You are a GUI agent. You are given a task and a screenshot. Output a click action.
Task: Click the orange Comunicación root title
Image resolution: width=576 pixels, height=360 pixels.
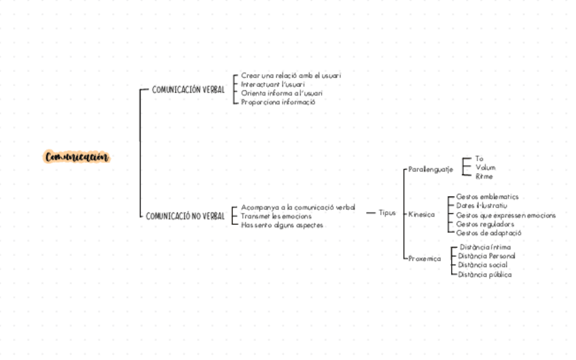[x=77, y=158]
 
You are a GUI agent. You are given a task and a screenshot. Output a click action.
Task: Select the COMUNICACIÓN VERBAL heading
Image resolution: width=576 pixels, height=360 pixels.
[x=188, y=90]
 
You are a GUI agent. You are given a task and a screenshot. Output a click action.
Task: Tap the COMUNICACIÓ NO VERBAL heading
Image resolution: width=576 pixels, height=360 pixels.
[x=185, y=216]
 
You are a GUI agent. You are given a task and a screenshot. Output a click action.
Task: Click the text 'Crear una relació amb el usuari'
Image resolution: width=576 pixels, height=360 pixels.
[x=291, y=75]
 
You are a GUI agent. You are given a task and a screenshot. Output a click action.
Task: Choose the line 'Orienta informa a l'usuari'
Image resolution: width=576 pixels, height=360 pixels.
[x=282, y=93]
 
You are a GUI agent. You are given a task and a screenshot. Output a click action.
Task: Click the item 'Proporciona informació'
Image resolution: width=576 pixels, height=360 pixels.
[x=278, y=102]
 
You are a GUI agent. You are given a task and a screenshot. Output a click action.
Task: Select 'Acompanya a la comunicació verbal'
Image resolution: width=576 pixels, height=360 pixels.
[x=298, y=206]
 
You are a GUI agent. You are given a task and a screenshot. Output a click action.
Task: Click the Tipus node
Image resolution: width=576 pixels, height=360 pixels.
[x=387, y=213]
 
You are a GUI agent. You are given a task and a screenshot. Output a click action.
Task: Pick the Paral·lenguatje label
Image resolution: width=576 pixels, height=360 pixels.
[x=431, y=169]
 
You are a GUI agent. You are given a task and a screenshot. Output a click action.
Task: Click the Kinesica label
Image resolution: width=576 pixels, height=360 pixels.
[x=421, y=215]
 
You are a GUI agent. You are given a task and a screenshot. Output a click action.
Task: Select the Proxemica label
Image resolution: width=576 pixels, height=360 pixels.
[x=425, y=259]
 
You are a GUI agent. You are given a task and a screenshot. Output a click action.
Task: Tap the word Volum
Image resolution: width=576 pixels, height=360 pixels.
[x=486, y=167]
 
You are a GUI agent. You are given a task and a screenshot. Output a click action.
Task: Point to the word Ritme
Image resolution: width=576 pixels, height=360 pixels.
[x=484, y=177]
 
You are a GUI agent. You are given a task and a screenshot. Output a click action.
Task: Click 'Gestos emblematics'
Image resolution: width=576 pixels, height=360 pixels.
[x=487, y=197]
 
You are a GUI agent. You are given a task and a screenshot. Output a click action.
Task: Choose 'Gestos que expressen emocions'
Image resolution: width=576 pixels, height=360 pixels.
[x=505, y=215]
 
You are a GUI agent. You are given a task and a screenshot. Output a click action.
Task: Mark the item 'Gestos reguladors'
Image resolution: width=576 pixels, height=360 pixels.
[x=485, y=224]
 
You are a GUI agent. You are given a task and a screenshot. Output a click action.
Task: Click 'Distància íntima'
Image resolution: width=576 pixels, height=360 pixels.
[x=485, y=247]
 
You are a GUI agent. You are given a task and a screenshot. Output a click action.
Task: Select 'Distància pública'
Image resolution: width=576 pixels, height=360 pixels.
[x=485, y=275]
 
